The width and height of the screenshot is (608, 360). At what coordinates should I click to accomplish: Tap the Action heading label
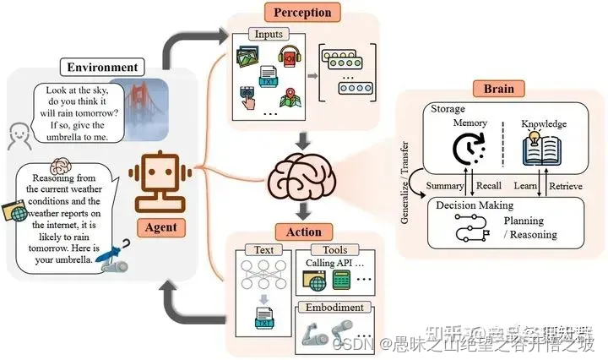click(x=303, y=232)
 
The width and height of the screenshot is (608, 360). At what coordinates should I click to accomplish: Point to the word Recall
click(x=488, y=186)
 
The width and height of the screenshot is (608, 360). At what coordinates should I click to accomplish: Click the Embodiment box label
click(x=335, y=308)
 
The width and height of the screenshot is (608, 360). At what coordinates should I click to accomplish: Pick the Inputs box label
click(x=265, y=34)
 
